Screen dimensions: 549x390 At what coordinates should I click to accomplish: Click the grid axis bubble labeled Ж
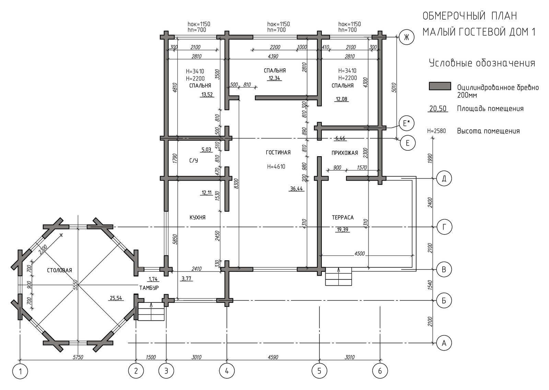click(406, 37)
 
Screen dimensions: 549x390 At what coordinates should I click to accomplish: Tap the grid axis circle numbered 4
click(227, 371)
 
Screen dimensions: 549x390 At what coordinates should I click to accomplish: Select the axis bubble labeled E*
click(406, 123)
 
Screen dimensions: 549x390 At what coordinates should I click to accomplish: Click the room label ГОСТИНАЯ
click(278, 152)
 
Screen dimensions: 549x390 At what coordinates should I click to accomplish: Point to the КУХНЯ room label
click(198, 218)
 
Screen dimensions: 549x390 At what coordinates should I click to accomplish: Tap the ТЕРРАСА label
click(343, 218)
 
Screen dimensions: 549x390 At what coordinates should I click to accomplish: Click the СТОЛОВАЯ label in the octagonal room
click(59, 271)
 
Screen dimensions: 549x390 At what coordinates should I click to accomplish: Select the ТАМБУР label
click(149, 288)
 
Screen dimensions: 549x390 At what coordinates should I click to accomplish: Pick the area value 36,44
click(296, 188)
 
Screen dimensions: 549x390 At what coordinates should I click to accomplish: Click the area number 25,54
click(116, 298)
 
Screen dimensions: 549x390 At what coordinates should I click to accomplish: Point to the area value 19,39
click(343, 230)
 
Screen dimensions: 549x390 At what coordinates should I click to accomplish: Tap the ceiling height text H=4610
click(276, 167)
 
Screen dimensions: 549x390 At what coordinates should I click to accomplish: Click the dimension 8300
click(236, 183)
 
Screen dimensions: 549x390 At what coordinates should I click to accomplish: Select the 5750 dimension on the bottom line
click(78, 357)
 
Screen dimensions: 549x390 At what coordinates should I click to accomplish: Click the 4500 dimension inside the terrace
click(360, 254)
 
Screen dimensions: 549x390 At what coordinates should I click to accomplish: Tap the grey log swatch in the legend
click(440, 86)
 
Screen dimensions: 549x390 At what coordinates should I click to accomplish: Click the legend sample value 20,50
click(438, 108)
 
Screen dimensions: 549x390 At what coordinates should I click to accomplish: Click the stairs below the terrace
click(338, 276)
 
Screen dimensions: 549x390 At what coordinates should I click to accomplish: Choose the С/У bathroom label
click(194, 161)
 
